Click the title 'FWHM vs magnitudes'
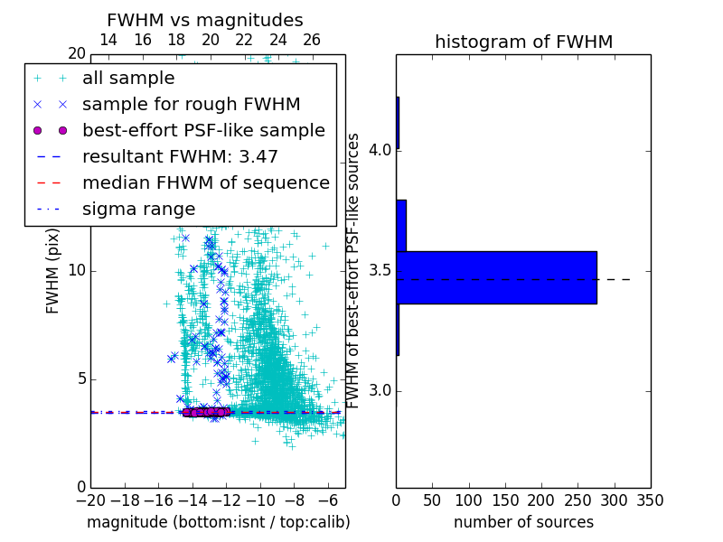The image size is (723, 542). point(204,20)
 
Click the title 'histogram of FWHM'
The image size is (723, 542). point(523,42)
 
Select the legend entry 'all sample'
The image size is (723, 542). point(128,79)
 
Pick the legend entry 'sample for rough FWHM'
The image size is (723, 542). point(191,105)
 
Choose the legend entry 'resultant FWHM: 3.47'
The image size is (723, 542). point(180,157)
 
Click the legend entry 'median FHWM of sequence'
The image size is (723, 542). point(205,183)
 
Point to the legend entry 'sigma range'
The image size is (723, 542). point(138,210)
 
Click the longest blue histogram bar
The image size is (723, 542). point(496,277)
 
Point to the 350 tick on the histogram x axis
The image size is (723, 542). point(650,500)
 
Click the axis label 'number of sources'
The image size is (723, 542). point(523,523)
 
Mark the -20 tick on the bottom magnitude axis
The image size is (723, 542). point(90,500)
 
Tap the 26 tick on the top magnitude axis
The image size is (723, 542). point(312,40)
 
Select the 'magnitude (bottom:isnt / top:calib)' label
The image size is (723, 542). point(218,523)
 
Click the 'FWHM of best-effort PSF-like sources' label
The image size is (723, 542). point(354,270)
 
